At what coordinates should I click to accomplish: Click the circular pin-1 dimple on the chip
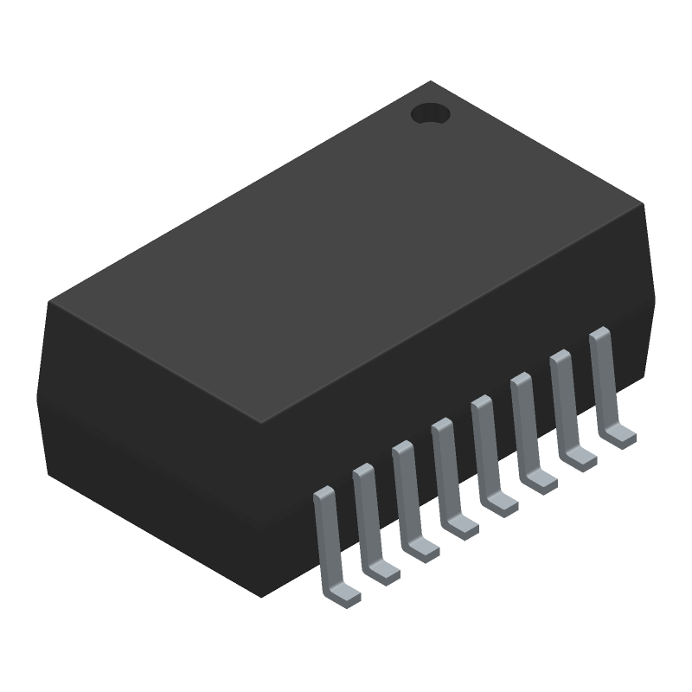click(430, 113)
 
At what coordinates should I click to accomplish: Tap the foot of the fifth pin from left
click(501, 503)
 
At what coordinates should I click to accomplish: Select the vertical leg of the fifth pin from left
click(482, 446)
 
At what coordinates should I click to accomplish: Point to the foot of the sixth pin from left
click(540, 480)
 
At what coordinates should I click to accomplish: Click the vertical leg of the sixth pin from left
click(521, 423)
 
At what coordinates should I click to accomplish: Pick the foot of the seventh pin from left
click(580, 458)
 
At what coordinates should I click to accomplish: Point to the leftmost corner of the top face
click(49, 302)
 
